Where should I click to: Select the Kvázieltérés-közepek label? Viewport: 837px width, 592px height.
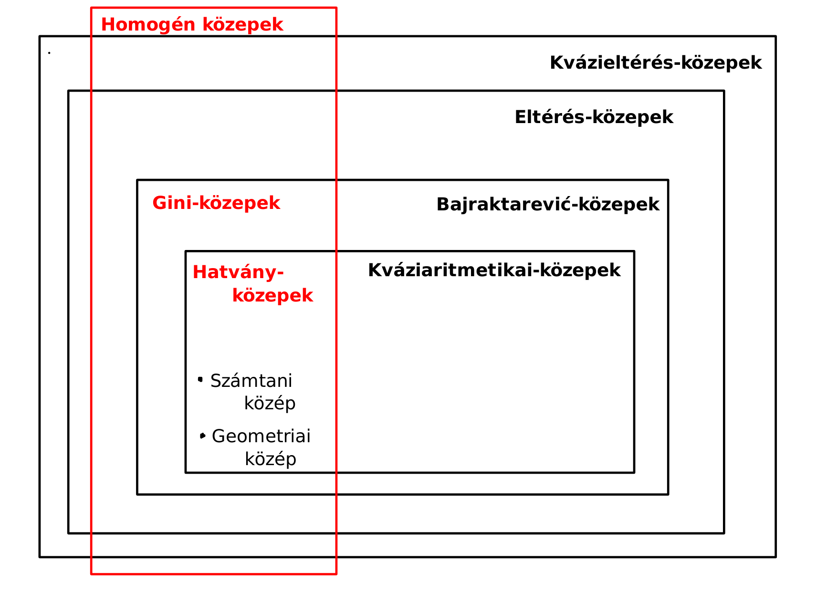click(x=656, y=63)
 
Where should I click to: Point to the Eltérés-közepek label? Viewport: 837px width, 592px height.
click(x=594, y=117)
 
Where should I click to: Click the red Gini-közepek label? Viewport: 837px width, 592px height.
click(x=216, y=203)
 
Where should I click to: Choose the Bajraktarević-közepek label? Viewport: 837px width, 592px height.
click(x=548, y=205)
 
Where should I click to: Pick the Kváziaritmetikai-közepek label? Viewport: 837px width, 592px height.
click(x=494, y=270)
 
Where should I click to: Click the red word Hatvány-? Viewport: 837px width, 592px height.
click(x=238, y=272)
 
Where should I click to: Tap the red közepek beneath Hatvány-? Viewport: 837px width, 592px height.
click(x=272, y=296)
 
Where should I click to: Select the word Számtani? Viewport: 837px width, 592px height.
click(x=251, y=381)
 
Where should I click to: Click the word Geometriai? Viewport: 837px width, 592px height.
click(x=261, y=436)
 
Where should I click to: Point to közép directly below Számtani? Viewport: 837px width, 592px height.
click(x=270, y=404)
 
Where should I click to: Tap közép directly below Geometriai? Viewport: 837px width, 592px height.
click(x=271, y=459)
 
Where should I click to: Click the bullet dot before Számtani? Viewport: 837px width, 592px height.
click(x=200, y=380)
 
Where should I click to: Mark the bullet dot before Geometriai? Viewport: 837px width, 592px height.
click(x=203, y=436)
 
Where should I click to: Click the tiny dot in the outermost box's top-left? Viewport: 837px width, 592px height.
click(x=49, y=52)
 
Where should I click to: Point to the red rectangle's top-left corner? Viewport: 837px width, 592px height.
click(x=91, y=8)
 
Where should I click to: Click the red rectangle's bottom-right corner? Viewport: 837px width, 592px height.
click(x=336, y=574)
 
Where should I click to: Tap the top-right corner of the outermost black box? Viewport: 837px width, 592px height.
click(x=776, y=36)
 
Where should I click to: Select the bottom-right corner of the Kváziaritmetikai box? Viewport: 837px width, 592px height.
click(x=634, y=473)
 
